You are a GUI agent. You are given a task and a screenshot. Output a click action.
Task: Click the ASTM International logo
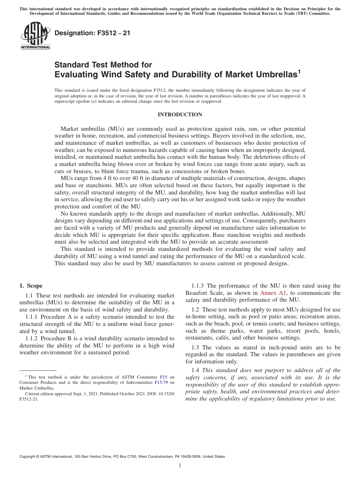point(35,36)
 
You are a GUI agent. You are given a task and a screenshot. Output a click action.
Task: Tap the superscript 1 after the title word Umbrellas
point(299,70)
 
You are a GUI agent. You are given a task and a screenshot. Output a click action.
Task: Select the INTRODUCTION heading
point(180,114)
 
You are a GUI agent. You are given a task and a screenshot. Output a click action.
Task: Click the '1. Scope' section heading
point(31,286)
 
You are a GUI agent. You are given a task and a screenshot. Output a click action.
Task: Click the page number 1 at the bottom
point(180,466)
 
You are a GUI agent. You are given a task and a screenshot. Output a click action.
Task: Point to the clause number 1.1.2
point(32,338)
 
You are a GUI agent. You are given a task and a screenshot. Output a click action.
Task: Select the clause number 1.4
point(196,370)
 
